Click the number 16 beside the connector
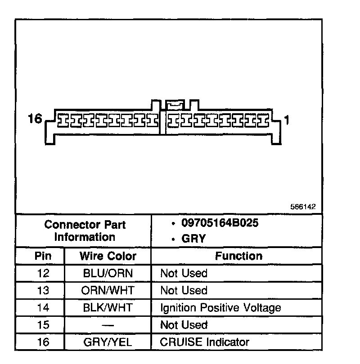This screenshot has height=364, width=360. [34, 119]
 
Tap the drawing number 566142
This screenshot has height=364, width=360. [303, 207]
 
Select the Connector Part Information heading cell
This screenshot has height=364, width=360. [85, 231]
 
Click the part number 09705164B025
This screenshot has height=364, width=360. [220, 223]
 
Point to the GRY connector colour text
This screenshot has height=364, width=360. [193, 239]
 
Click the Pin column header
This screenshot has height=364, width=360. [43, 256]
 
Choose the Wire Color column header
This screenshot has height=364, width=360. [108, 256]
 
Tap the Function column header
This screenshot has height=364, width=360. [238, 256]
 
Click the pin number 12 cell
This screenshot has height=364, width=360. [43, 273]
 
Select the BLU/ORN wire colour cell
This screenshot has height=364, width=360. [108, 273]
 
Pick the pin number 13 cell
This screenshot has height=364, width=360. [43, 290]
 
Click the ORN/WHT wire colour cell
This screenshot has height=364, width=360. [108, 290]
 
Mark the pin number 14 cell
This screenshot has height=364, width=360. [43, 308]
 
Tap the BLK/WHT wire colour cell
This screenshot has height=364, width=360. [108, 308]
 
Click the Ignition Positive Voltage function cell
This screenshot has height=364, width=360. [220, 308]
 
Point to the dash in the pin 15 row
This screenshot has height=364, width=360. [108, 325]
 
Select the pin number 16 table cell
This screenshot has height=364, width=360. [43, 342]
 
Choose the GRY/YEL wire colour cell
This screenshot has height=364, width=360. [108, 342]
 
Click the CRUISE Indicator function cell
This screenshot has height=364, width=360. [205, 342]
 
